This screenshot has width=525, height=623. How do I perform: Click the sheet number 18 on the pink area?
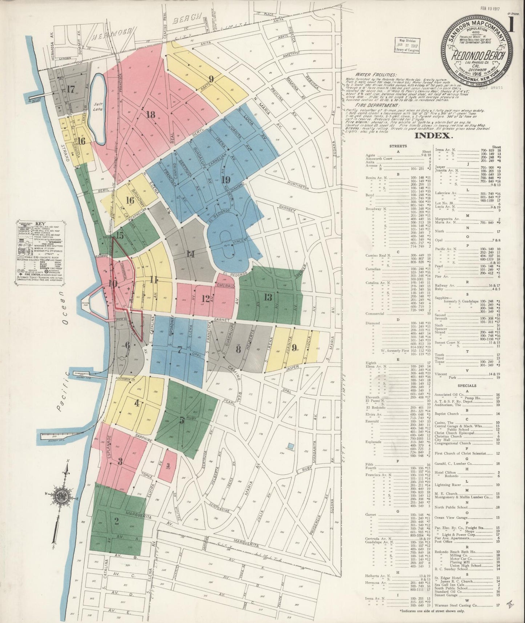[150, 115]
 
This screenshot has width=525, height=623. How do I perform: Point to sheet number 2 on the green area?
[117, 521]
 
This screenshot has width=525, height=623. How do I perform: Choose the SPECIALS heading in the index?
[467, 386]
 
